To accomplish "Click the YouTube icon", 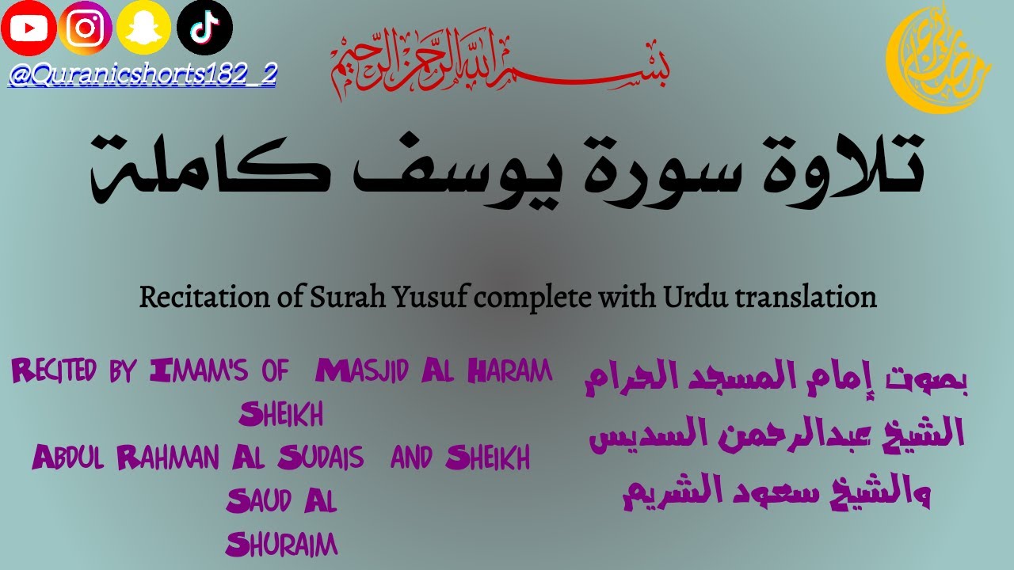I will pos(29,29).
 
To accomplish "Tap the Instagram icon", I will pos(86,29).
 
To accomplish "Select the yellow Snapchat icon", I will pos(144,29).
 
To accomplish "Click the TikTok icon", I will pos(204,28).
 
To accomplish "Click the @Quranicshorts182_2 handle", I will pos(143,76).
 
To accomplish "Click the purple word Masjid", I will pos(372,370).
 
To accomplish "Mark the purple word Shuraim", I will pos(281,544).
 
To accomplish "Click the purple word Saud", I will pos(253,500).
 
